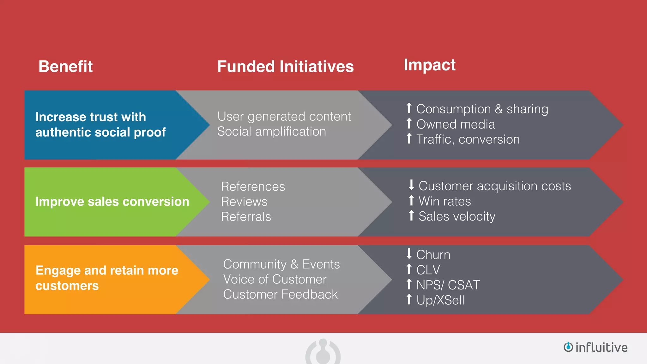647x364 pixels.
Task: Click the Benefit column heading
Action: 65,67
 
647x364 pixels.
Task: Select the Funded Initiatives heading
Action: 285,67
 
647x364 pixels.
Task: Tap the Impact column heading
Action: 429,65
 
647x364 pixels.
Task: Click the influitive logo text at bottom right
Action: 601,347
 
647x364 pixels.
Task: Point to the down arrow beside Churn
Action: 409,254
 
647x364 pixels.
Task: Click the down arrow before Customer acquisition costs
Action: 411,185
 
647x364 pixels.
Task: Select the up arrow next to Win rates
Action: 411,200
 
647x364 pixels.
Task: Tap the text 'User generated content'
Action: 284,117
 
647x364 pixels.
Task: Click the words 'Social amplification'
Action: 272,131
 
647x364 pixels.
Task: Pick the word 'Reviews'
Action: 244,202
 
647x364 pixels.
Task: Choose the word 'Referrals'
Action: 246,217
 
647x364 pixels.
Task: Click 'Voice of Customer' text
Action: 275,279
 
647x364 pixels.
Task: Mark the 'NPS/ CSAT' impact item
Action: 448,285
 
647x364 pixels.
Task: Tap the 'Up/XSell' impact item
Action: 440,300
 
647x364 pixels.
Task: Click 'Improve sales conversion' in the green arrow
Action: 112,202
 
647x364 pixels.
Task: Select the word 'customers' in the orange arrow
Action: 67,286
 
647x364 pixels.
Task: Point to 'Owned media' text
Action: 456,124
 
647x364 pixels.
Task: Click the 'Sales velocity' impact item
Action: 457,216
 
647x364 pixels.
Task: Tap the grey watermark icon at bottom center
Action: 323,352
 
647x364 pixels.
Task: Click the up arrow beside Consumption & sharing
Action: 409,108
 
